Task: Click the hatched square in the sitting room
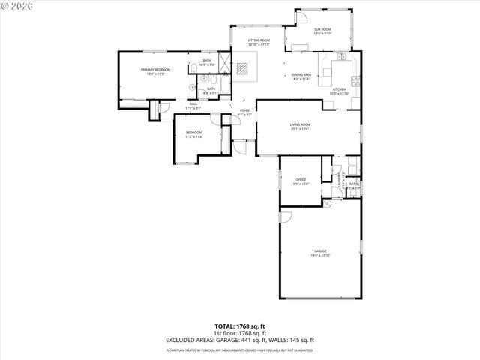click(242, 70)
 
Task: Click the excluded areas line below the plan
click(240, 340)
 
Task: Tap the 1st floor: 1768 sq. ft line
click(240, 334)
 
